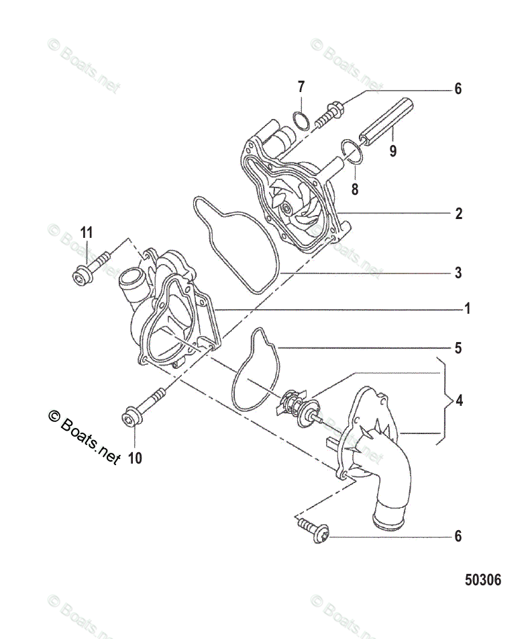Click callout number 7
[x=301, y=87]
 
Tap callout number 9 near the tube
[x=392, y=151]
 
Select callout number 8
[x=355, y=189]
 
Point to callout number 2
[x=458, y=214]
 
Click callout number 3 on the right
[x=458, y=273]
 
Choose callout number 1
[x=466, y=309]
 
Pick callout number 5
[x=458, y=349]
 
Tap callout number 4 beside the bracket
[x=458, y=401]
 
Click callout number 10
[x=135, y=459]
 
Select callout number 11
[x=86, y=233]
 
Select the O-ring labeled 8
[x=352, y=151]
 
